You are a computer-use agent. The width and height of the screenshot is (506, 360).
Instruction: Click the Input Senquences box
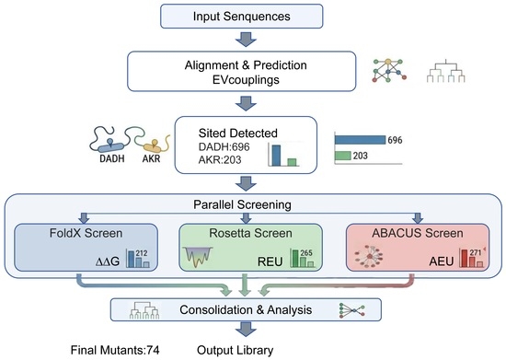242,17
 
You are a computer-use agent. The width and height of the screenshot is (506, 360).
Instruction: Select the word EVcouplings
246,80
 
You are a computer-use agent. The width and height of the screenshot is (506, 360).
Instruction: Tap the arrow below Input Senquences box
246,39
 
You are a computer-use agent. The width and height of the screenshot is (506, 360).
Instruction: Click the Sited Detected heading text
238,133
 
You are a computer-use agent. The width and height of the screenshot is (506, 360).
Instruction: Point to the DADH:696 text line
224,147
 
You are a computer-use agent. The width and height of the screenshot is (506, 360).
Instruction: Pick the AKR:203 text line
220,160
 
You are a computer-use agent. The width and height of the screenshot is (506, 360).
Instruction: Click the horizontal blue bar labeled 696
360,140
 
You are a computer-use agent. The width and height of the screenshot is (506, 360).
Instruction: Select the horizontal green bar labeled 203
343,156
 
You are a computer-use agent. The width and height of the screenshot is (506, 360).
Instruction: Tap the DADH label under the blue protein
112,158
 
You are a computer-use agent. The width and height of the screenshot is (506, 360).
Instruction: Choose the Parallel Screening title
242,204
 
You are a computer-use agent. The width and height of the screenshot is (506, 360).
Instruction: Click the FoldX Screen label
86,233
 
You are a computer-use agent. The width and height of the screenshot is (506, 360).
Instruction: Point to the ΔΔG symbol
108,261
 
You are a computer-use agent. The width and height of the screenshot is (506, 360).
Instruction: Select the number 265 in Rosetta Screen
306,253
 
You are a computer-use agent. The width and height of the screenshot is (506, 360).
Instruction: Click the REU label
270,261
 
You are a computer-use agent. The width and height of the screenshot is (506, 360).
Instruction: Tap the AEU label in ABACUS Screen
441,261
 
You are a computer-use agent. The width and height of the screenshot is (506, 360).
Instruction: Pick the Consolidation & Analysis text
246,310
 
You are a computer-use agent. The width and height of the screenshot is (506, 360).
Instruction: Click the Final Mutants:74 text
115,350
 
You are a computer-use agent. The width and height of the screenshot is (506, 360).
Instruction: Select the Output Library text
236,350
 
